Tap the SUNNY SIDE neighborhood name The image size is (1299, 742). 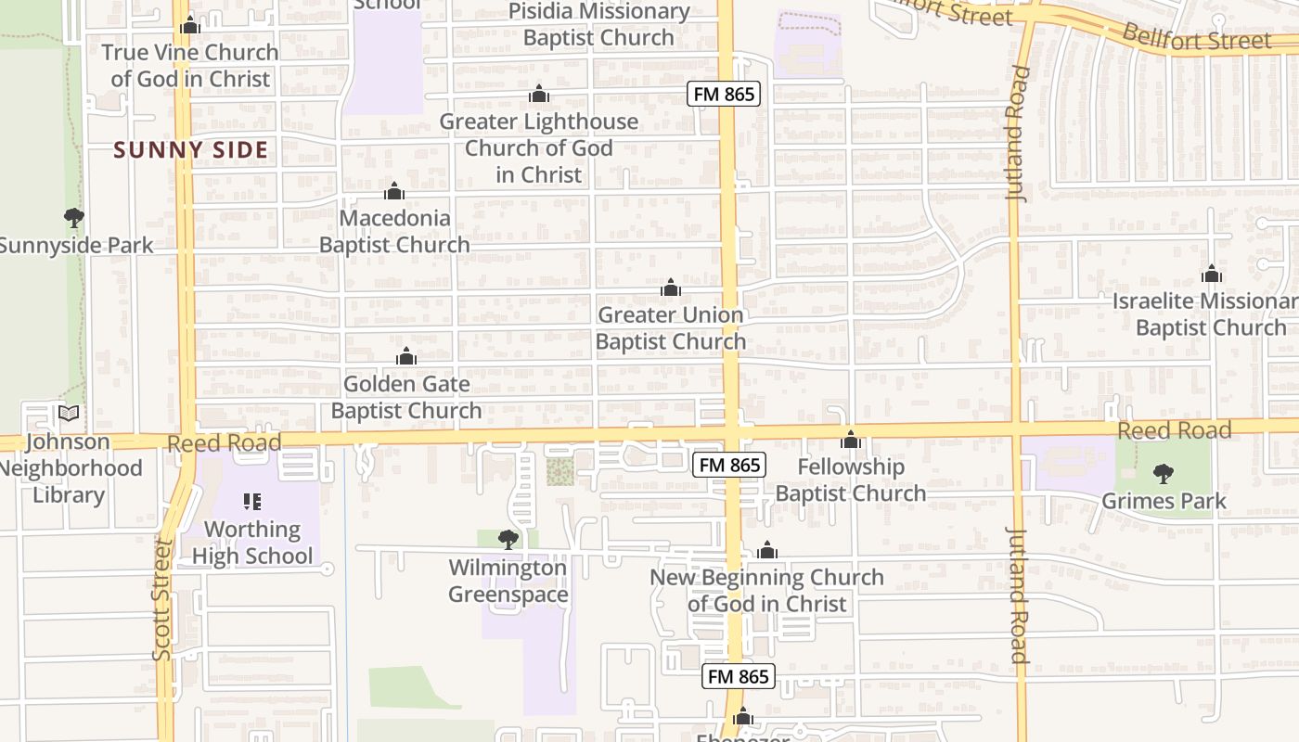tap(191, 149)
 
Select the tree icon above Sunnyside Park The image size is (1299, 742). tap(74, 218)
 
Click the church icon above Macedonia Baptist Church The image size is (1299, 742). tap(394, 191)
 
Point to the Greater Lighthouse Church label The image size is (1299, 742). tap(538, 147)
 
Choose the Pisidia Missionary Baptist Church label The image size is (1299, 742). tap(598, 25)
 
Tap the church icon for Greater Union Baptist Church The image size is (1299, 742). tap(671, 288)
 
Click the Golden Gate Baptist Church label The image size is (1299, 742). tap(406, 397)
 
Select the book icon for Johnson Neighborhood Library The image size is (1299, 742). tap(69, 413)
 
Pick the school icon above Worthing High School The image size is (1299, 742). tap(252, 502)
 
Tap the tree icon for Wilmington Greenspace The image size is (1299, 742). tap(508, 539)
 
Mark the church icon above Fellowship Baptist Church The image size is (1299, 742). tap(851, 440)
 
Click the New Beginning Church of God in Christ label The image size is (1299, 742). tap(766, 590)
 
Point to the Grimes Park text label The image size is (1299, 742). tap(1164, 501)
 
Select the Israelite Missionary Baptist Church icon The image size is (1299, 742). tap(1211, 274)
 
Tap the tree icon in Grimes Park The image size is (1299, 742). tap(1164, 474)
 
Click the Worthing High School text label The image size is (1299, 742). tap(252, 543)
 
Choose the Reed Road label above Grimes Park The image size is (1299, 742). tap(1174, 430)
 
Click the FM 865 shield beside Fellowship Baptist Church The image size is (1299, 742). tap(729, 465)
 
